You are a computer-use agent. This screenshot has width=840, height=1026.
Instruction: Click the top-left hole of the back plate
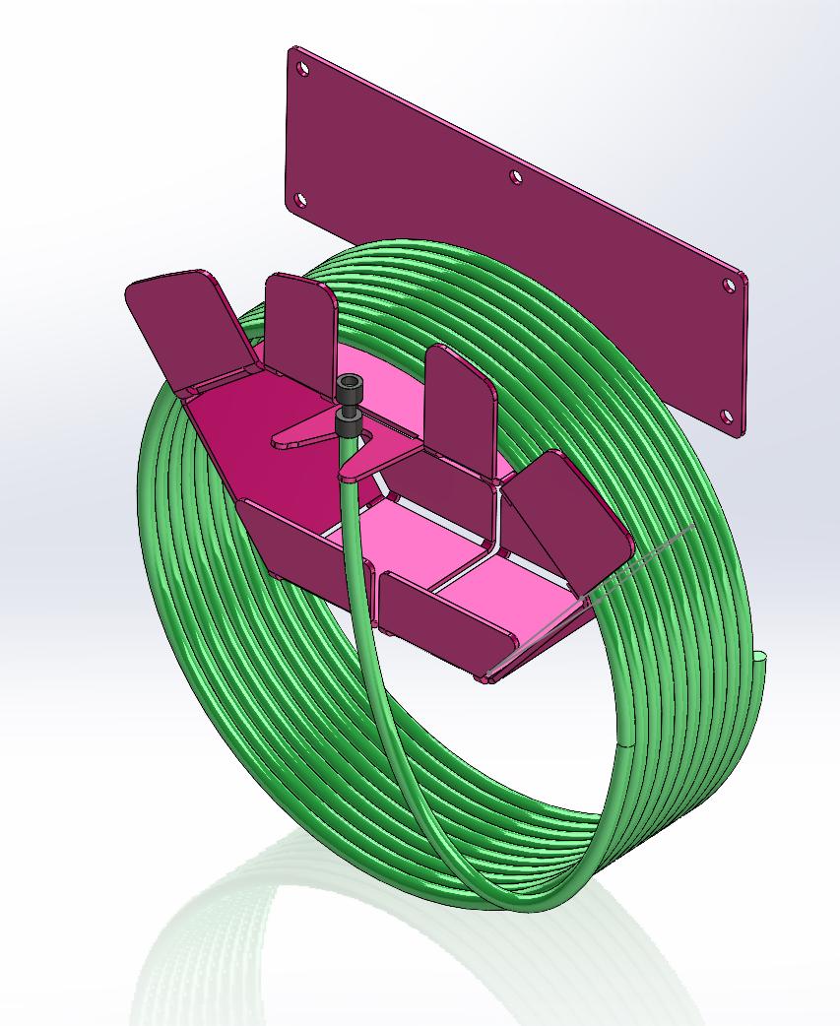tap(303, 69)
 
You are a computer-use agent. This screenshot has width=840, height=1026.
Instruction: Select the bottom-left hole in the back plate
tap(301, 201)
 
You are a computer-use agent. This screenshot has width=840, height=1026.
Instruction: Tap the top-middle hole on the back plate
tap(515, 177)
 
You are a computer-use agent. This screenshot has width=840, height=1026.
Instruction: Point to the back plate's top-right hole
tap(729, 286)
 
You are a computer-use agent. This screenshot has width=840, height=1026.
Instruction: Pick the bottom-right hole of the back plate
tap(728, 417)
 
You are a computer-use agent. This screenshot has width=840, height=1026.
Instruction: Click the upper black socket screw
tap(348, 388)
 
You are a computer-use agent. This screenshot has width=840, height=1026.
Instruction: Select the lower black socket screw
tap(349, 424)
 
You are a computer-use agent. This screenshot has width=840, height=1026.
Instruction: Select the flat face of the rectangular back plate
tap(512, 246)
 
